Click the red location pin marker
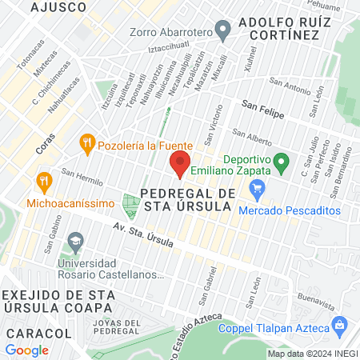[180, 164]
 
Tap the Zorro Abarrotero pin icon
[224, 32]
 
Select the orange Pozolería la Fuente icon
[88, 145]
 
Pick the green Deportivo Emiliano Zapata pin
[280, 163]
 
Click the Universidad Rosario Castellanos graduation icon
[75, 240]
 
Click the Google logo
[27, 350]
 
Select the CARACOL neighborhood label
[33, 332]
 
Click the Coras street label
[47, 142]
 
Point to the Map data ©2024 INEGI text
[312, 354]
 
